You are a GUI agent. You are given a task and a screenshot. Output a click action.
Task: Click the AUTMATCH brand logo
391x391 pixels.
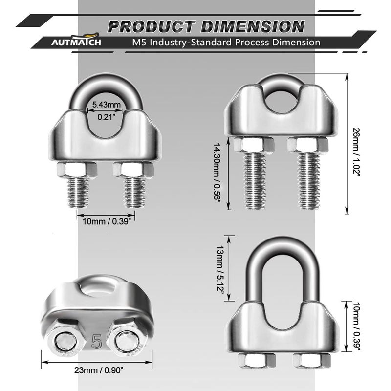point(76,40)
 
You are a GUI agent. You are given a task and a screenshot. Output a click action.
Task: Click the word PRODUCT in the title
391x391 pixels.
point(152,26)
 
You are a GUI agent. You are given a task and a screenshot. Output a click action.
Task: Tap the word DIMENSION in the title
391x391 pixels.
point(253,26)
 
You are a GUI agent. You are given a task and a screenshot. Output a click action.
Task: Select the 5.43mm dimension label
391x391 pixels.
point(106,105)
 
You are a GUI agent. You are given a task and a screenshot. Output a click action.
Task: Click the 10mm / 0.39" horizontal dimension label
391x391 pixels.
point(107,221)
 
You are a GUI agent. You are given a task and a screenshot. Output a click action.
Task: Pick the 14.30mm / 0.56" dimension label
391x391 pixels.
point(217,172)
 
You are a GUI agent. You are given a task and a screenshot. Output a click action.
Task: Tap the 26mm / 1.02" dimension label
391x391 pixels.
point(357,151)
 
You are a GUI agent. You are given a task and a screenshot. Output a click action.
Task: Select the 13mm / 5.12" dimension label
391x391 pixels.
point(220,269)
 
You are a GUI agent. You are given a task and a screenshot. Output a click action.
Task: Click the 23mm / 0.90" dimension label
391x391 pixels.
point(99,370)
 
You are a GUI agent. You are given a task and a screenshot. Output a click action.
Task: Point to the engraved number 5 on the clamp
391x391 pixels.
point(97,341)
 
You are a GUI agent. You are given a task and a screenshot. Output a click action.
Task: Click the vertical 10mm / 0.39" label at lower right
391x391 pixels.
point(357,326)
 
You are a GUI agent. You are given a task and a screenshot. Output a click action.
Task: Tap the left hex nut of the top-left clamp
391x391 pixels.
point(77,170)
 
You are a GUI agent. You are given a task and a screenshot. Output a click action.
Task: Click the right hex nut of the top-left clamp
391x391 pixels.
point(133,170)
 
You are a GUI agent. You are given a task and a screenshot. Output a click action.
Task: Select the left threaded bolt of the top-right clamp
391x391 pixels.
point(254,181)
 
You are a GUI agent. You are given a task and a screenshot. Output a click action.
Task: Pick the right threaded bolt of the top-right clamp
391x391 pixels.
point(309,181)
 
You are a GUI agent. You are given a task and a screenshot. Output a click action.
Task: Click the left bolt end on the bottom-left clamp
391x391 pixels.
point(65,341)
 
